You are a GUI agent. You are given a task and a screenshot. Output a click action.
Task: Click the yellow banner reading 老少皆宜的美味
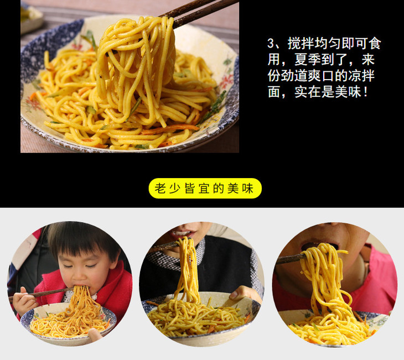click(205, 188)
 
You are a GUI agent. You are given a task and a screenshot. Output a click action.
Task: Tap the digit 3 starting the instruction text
click(270, 44)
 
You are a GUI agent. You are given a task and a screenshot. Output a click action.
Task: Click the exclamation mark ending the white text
click(366, 92)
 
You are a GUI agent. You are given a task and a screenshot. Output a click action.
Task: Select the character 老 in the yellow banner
click(160, 188)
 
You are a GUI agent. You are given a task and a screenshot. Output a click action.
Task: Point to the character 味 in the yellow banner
click(247, 188)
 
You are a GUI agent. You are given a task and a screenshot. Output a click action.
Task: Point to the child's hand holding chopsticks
click(23, 301)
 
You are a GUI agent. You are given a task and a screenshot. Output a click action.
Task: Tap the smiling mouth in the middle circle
click(183, 234)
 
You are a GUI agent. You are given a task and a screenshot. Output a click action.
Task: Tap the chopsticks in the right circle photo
click(291, 259)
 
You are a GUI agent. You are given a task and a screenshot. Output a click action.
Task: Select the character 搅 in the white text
click(294, 44)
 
